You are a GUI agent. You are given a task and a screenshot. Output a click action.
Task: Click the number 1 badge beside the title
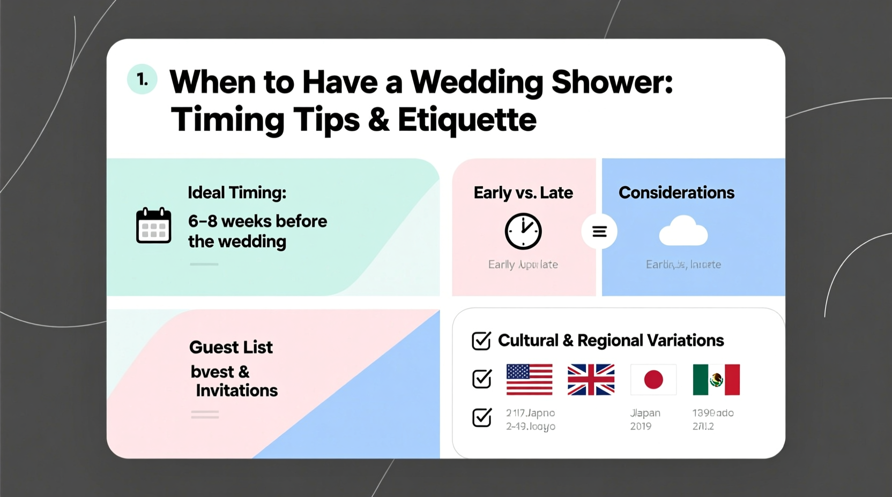coord(142,79)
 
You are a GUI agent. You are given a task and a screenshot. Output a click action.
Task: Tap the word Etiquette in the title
coord(466,119)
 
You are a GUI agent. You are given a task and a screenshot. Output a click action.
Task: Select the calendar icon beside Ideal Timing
coord(153,225)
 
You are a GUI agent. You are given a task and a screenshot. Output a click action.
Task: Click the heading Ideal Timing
coord(236,192)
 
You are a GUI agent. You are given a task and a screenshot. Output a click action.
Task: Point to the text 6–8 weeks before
coord(257,221)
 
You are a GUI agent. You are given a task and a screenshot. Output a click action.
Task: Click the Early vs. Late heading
coord(523,192)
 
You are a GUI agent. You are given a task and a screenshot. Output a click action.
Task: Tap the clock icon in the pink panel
coord(523,231)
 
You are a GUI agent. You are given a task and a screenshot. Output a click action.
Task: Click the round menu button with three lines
coord(599,231)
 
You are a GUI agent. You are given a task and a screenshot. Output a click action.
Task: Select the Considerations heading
coord(676,192)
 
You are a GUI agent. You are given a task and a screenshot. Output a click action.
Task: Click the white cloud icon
coord(683,231)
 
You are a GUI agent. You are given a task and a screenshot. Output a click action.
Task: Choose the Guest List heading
coord(231,347)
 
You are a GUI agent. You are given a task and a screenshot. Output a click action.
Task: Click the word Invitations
coord(236,390)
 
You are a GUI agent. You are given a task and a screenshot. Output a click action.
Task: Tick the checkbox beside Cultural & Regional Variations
coord(481,341)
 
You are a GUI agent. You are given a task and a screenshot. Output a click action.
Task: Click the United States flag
coord(529,379)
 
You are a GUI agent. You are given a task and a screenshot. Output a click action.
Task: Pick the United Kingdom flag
coord(591,379)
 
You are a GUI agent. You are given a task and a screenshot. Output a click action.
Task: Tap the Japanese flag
coord(653,379)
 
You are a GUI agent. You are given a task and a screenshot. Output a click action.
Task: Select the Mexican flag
coord(716,379)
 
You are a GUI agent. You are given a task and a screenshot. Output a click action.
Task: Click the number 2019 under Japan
coord(641,426)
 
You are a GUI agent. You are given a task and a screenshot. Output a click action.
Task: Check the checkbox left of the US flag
coord(481,379)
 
